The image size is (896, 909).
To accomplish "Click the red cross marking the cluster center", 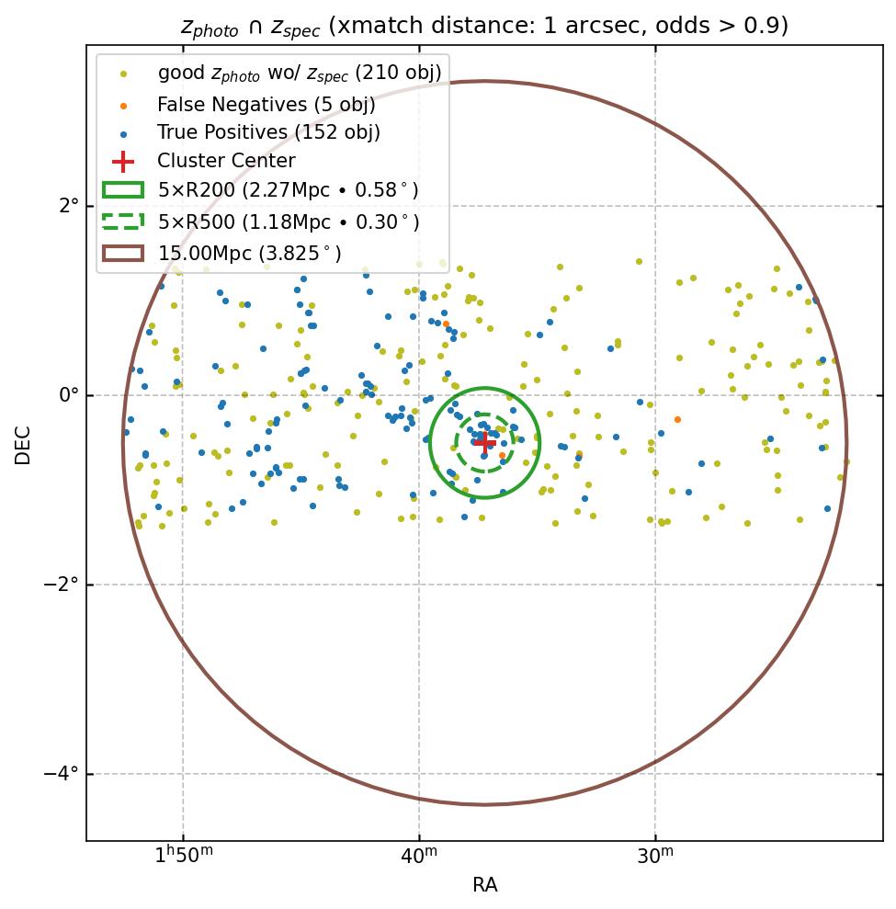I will coord(485,443).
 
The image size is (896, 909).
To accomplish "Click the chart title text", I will coord(484,25).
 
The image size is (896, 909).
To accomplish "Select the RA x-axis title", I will coord(484,885).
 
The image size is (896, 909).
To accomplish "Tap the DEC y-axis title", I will coord(22,443).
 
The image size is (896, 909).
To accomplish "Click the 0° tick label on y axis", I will coord(66,395).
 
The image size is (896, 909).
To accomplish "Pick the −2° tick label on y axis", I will coord(60,585).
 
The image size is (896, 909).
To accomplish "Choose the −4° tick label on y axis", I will coord(60,774).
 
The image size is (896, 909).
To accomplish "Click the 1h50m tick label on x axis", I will coord(183,856).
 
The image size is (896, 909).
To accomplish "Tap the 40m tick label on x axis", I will coord(419,856).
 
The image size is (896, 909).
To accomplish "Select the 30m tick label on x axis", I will coord(655,856).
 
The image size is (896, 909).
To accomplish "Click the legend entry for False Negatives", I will coord(266,104).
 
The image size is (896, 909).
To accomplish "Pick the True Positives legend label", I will coord(268,132).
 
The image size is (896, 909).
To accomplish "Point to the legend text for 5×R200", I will coord(288,191).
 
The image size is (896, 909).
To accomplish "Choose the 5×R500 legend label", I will coord(288,222).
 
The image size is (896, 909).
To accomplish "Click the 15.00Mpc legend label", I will coord(249,253).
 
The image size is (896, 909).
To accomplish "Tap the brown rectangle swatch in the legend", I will coord(122,253).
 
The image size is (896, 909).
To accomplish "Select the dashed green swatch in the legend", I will coord(122,222).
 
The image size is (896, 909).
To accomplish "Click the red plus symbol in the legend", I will coord(122,162).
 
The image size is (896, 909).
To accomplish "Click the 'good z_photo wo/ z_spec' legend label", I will coord(300,73).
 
